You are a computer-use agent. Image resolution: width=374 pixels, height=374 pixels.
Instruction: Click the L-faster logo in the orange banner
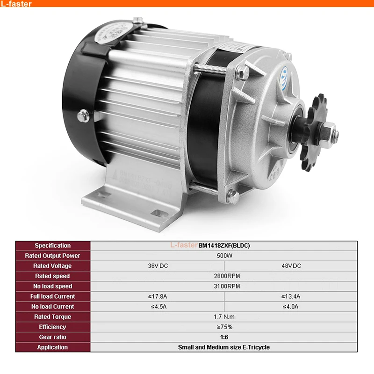tap(17, 4)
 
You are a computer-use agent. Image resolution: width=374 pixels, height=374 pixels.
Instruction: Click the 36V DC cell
tap(157, 266)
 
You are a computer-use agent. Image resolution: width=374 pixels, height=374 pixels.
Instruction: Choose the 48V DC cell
tap(291, 266)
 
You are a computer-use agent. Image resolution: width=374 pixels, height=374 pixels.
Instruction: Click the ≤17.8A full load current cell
tap(157, 296)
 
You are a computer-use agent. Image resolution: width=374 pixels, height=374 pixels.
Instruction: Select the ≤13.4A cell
tap(291, 296)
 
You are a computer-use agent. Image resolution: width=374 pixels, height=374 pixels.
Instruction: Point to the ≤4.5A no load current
tap(157, 307)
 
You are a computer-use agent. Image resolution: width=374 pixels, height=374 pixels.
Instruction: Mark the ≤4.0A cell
tap(291, 307)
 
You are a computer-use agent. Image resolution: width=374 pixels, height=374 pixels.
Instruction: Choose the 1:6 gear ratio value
tap(224, 337)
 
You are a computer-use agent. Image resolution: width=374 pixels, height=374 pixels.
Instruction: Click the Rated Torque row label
tap(52, 317)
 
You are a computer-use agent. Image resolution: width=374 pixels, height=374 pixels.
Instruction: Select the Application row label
tap(52, 347)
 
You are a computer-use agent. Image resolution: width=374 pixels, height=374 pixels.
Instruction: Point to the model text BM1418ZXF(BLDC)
tap(224, 245)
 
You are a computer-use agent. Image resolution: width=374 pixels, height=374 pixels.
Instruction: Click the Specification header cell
tap(52, 245)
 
